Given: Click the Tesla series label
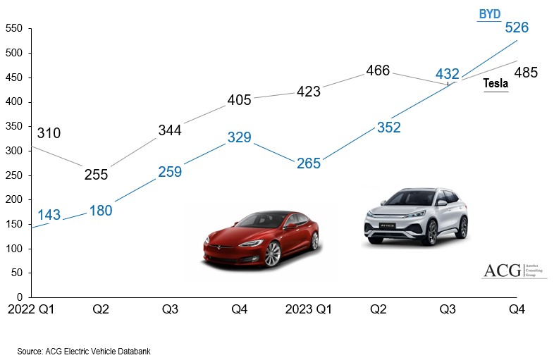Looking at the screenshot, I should click(x=495, y=84).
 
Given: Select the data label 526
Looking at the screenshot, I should click(x=517, y=27).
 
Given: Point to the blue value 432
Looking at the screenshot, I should click(x=448, y=74).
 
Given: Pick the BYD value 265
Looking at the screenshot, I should click(x=309, y=163).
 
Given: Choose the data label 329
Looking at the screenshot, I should click(x=239, y=137).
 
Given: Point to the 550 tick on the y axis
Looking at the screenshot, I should click(x=14, y=29).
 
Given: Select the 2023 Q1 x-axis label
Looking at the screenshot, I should click(x=308, y=309).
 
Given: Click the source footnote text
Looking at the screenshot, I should click(x=85, y=350).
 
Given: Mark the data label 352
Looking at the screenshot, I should click(x=388, y=128).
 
